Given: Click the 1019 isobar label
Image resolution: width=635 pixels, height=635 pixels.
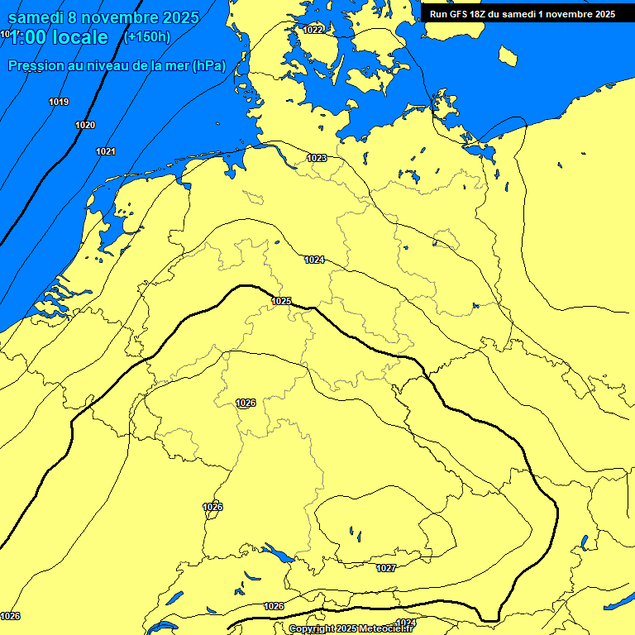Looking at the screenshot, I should (x=59, y=102).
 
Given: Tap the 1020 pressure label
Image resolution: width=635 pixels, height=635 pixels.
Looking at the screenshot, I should (x=85, y=125).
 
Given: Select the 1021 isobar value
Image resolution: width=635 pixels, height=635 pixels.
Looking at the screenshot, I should (x=106, y=151).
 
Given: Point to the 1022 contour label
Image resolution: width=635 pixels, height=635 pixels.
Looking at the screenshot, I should (x=313, y=30).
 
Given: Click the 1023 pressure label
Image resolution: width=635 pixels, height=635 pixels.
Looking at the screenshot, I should (x=317, y=158).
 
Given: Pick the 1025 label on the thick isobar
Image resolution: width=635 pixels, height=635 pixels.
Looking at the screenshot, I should (x=281, y=301).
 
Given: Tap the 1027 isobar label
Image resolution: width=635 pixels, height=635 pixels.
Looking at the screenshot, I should (x=386, y=568).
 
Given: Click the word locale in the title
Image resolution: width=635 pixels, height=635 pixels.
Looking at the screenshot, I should (x=78, y=37).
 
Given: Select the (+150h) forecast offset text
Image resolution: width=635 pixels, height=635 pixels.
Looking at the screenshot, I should (x=146, y=37).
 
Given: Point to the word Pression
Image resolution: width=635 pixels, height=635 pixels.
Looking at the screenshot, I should (x=36, y=65).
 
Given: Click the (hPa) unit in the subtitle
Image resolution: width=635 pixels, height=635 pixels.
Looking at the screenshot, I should (x=209, y=65).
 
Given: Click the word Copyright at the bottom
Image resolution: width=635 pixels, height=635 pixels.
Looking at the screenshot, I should (x=310, y=629).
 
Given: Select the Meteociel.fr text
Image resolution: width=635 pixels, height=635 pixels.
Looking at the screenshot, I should (x=386, y=629).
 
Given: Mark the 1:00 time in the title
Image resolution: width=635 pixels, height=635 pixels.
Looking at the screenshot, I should (x=26, y=37).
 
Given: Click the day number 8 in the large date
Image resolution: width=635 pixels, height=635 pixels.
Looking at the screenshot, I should (x=74, y=17).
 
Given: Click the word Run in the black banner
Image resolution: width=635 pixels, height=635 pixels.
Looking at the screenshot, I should (x=438, y=14).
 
